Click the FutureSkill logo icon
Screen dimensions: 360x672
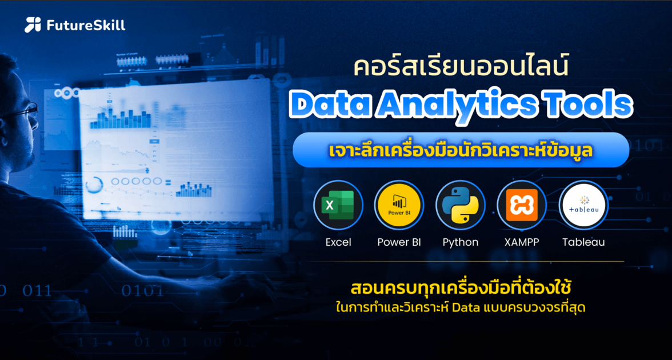click(33, 25)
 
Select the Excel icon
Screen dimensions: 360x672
click(338, 205)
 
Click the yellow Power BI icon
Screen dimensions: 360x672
click(399, 205)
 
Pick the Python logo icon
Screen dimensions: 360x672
click(460, 205)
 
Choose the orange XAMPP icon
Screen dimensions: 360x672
click(521, 205)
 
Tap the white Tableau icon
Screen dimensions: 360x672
click(583, 205)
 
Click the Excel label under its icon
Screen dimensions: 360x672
click(338, 242)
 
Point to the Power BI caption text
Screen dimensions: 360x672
click(399, 242)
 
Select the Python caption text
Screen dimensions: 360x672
click(460, 242)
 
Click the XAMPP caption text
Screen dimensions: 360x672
click(521, 242)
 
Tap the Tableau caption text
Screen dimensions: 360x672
click(583, 242)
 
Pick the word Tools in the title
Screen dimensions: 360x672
click(586, 105)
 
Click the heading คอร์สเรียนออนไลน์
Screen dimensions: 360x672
click(461, 68)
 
